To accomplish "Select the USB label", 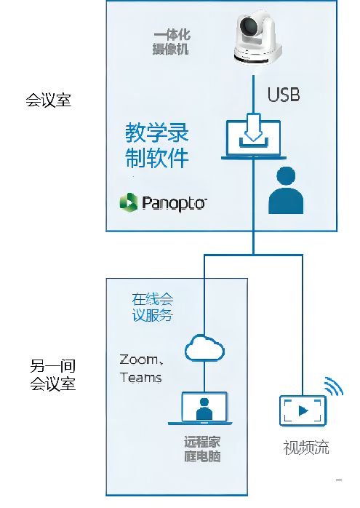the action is (284, 95).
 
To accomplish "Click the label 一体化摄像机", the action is (171, 42).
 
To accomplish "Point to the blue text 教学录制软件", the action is (156, 145).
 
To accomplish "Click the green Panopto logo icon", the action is (129, 202).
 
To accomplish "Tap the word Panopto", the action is (174, 203).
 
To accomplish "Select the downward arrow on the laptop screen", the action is (254, 130).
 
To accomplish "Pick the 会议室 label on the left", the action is (49, 100).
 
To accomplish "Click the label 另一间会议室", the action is (53, 375).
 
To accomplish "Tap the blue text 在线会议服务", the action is (152, 307).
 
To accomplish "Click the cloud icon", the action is (204, 349).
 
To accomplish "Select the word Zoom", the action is (139, 360).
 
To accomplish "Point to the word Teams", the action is (140, 378).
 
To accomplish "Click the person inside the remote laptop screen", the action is (204, 409).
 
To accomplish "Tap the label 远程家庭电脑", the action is (203, 449).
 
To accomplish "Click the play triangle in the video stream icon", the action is (303, 410).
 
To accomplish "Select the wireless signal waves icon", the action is (333, 386).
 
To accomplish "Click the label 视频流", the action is (306, 448).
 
